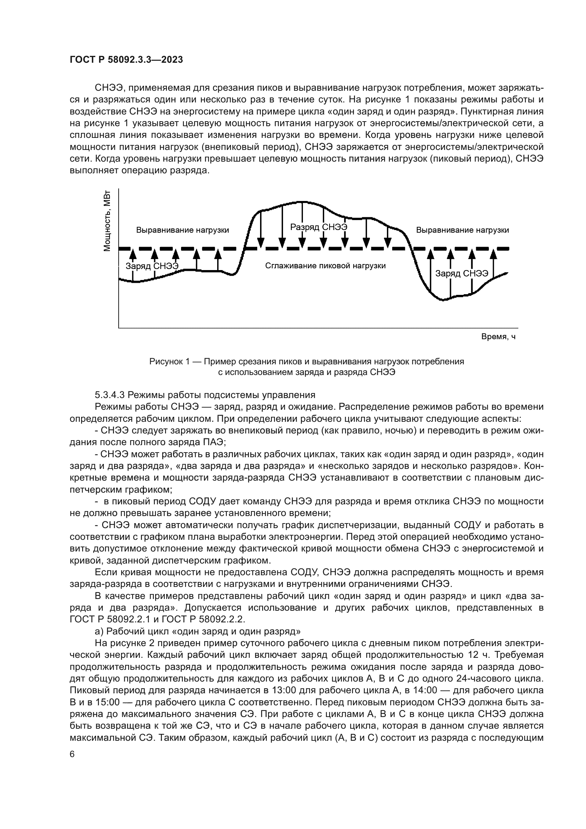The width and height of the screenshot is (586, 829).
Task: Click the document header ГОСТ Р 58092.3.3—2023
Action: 126,60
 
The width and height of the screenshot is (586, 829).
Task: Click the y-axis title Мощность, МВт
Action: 107,220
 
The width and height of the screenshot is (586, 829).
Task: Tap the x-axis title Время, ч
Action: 498,336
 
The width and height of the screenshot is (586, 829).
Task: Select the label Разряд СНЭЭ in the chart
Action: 319,227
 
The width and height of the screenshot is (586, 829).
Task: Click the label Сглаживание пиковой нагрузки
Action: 325,266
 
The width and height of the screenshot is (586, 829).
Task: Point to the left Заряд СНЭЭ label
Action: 152,266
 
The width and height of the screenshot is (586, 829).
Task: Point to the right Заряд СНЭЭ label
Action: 462,273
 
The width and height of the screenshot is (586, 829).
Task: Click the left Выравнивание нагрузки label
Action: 182,230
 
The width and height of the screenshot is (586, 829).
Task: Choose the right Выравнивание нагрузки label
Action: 462,230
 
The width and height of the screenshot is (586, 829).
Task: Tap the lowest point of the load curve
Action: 444,300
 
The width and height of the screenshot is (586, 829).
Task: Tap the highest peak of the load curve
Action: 302,201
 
